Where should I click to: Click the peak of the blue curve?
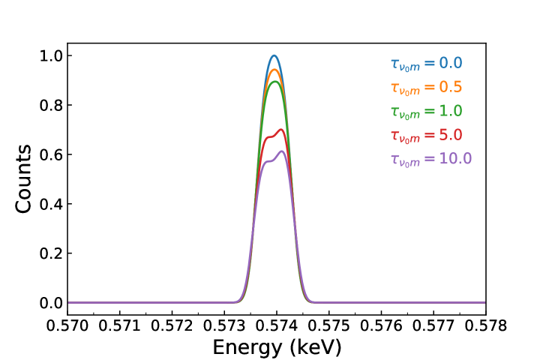point(274,55)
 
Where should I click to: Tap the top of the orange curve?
point(274,70)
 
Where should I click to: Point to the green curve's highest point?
point(274,82)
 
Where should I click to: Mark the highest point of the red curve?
point(281,130)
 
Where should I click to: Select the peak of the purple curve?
point(282,151)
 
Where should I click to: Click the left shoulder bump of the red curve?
point(266,138)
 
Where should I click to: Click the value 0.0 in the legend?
point(450,63)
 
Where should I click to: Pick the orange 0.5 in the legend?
point(450,87)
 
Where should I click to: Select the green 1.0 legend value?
point(450,111)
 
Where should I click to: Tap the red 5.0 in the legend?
point(450,135)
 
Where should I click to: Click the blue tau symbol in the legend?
point(395,64)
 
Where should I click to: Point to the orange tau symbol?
point(395,88)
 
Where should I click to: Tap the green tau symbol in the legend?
point(395,112)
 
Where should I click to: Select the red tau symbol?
point(395,136)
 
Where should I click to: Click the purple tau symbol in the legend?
point(395,160)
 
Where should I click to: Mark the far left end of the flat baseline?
point(69,302)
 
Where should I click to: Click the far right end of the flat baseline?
point(484,302)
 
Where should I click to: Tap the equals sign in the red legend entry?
point(429,136)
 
